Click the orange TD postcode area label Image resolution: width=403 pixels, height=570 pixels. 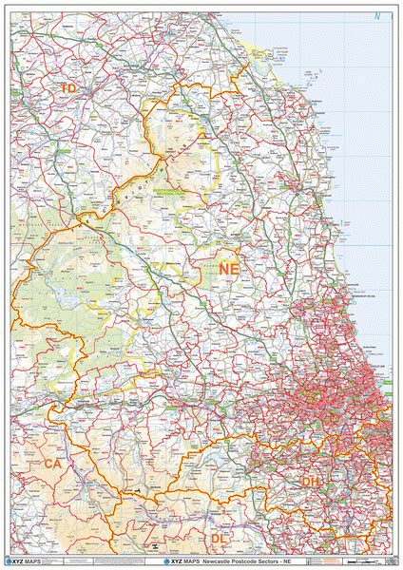pyautogui.click(x=67, y=88)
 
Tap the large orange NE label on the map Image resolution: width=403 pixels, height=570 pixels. pyautogui.click(x=228, y=271)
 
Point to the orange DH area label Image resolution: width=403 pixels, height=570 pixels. pyautogui.click(x=312, y=483)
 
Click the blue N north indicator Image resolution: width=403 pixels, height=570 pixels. pyautogui.click(x=377, y=16)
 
